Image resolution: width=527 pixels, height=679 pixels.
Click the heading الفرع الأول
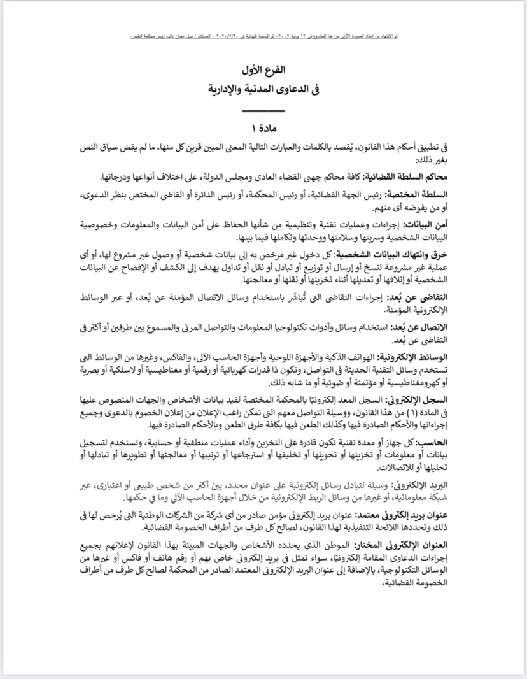[x=263, y=69]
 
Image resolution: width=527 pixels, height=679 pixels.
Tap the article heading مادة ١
[x=263, y=129]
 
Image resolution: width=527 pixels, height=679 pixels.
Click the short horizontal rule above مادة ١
[x=263, y=113]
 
